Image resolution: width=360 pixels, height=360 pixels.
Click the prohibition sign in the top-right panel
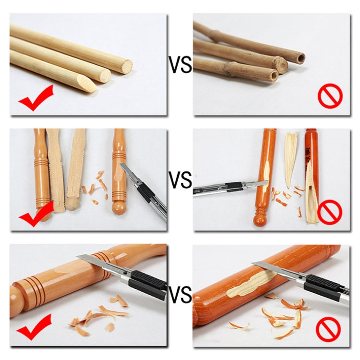pyautogui.click(x=330, y=96)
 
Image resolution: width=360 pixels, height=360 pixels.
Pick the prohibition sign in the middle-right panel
pyautogui.click(x=330, y=212)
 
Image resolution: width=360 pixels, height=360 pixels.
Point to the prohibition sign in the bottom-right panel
pyautogui.click(x=328, y=329)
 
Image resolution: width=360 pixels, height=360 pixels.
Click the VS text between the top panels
pyautogui.click(x=180, y=65)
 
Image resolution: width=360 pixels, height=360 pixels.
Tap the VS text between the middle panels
pyautogui.click(x=180, y=180)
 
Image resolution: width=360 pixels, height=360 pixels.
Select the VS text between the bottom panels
pyautogui.click(x=180, y=294)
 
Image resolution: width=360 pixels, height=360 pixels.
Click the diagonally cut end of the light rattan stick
pyautogui.click(x=87, y=84)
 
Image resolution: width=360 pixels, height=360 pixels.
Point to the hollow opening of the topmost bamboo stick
pyautogui.click(x=301, y=59)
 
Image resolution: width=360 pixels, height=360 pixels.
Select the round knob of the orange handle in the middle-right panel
pyautogui.click(x=260, y=220)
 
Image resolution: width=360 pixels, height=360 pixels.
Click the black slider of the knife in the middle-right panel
pyautogui.click(x=234, y=186)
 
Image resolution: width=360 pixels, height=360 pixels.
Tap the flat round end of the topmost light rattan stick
pyautogui.click(x=127, y=67)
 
